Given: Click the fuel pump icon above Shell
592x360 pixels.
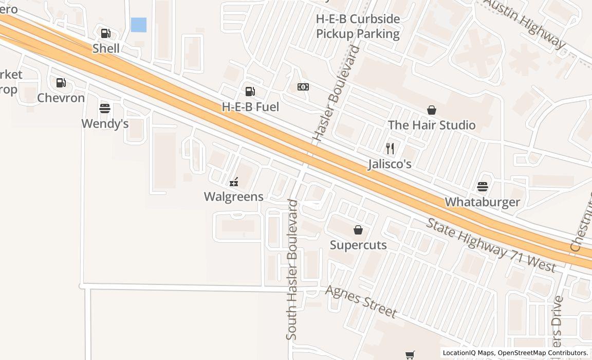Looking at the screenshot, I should point(105,33).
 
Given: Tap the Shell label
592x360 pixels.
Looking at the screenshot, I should point(106,48).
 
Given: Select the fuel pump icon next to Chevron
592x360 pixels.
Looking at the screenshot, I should point(61,82).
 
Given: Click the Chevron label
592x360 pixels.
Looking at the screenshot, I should point(61,98).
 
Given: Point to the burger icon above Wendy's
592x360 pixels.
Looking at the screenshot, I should point(105,109).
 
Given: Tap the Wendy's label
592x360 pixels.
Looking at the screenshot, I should point(105,124).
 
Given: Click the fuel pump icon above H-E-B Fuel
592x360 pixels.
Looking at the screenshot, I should point(250,92).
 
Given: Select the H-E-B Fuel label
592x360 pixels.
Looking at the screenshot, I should point(250,107).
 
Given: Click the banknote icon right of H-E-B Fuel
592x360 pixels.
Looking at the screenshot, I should point(303,87).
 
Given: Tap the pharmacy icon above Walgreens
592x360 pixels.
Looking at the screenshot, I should point(234,182).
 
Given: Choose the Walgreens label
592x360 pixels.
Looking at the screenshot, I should point(234,196).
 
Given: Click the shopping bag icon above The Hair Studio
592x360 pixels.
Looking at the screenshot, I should point(432,110).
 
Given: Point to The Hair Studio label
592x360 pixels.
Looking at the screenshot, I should point(432,125).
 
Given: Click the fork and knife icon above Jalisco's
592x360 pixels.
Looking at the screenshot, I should point(390,149).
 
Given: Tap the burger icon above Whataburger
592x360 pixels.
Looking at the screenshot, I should point(482,186).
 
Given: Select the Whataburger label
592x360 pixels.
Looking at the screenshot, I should point(482,202).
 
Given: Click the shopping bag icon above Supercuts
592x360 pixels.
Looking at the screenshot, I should point(358,230).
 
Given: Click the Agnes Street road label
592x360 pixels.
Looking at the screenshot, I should point(361,301).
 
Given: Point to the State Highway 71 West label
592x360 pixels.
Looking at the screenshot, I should point(491,245).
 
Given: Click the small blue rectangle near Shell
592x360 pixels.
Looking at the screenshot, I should point(138,25).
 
